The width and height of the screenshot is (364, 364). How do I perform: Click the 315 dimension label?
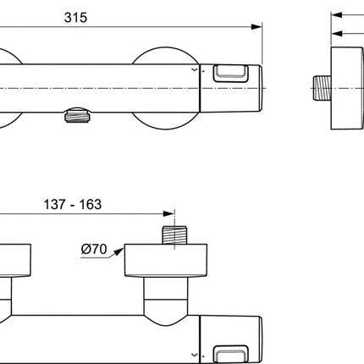point(75,18)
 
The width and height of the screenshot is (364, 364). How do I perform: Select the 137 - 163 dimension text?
point(73,204)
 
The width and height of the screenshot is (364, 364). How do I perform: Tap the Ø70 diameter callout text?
point(94,249)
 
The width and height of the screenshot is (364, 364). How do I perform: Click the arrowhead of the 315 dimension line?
point(256,27)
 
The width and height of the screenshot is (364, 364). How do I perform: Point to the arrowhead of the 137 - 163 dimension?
point(168,213)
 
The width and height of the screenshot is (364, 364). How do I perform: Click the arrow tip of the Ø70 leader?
point(124,248)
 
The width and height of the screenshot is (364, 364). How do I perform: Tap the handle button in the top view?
point(231,74)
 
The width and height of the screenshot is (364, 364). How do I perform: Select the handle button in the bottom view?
point(231,355)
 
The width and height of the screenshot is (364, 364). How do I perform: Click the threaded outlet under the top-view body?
point(77,115)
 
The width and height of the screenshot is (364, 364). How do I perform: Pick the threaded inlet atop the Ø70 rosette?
point(174,235)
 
